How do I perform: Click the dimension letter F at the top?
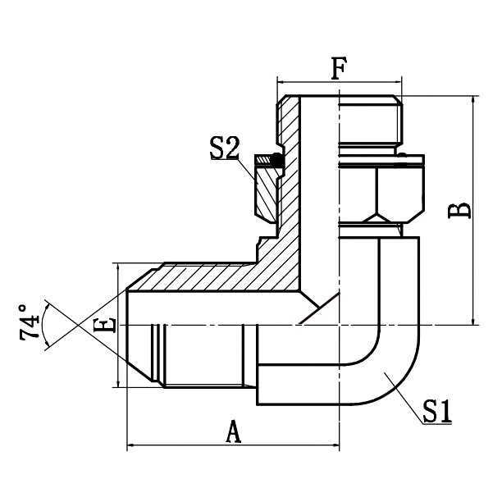(338, 68)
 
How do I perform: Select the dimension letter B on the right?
(462, 209)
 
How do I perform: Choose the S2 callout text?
(224, 148)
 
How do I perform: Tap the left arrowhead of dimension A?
(130, 448)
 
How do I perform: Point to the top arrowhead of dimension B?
(473, 100)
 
